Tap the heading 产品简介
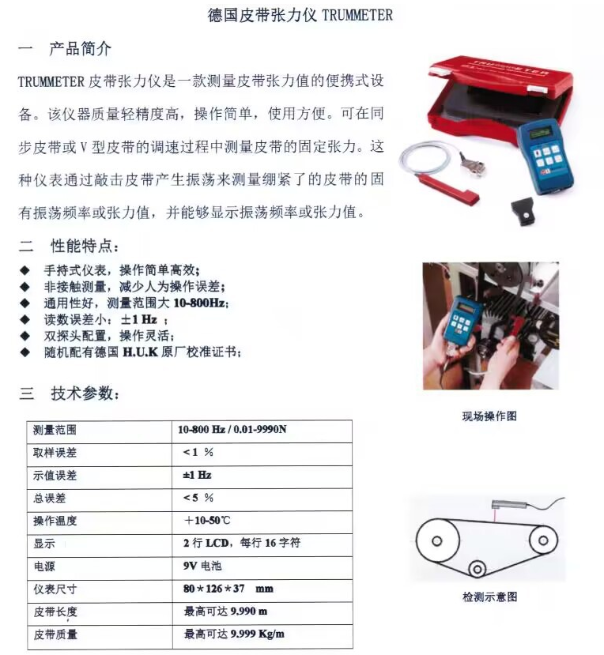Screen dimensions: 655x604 (x=80, y=49)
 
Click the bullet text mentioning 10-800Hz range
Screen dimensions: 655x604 (x=135, y=303)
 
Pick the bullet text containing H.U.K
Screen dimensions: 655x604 (x=142, y=352)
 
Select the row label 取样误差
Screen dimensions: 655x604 (x=55, y=454)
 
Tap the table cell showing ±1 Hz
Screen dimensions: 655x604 (x=197, y=476)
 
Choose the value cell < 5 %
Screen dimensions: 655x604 (x=198, y=498)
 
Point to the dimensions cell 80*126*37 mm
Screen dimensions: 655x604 (x=228, y=589)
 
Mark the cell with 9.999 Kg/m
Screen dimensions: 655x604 (x=234, y=634)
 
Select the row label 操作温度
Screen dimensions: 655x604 (x=55, y=521)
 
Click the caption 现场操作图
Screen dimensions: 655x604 (x=489, y=416)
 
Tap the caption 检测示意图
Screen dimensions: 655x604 (x=489, y=597)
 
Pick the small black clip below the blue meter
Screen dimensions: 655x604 (x=525, y=213)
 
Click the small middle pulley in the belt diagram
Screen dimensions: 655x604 (x=478, y=567)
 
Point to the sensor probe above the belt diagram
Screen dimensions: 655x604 (x=506, y=502)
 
